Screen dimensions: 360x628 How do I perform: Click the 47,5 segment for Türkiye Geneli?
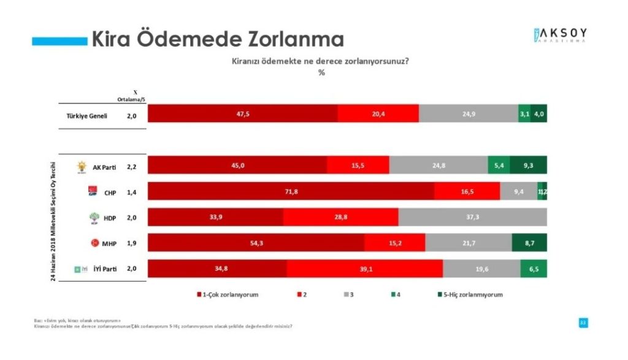pyautogui.click(x=242, y=114)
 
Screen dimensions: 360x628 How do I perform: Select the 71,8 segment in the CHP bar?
pyautogui.click(x=291, y=191)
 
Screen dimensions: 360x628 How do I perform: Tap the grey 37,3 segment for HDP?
pyautogui.click(x=472, y=217)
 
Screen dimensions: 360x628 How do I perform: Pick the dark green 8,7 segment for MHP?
pyautogui.click(x=529, y=243)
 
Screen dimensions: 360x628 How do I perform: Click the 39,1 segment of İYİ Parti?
pyautogui.click(x=364, y=269)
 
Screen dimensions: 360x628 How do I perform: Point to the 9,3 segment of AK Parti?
pyautogui.click(x=528, y=166)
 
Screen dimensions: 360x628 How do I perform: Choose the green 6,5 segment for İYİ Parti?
pyautogui.click(x=534, y=269)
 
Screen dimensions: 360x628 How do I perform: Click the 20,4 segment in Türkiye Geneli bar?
pyautogui.click(x=378, y=114)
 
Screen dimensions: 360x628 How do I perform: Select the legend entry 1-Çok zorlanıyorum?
pyautogui.click(x=228, y=294)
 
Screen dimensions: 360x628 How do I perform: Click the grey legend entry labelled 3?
pyautogui.click(x=348, y=294)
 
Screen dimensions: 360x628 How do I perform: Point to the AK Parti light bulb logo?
pyautogui.click(x=81, y=166)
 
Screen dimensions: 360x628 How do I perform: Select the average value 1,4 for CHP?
pyautogui.click(x=132, y=192)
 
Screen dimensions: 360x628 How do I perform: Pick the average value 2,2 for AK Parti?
pyautogui.click(x=132, y=166)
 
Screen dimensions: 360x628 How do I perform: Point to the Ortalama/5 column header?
pyautogui.click(x=132, y=98)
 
